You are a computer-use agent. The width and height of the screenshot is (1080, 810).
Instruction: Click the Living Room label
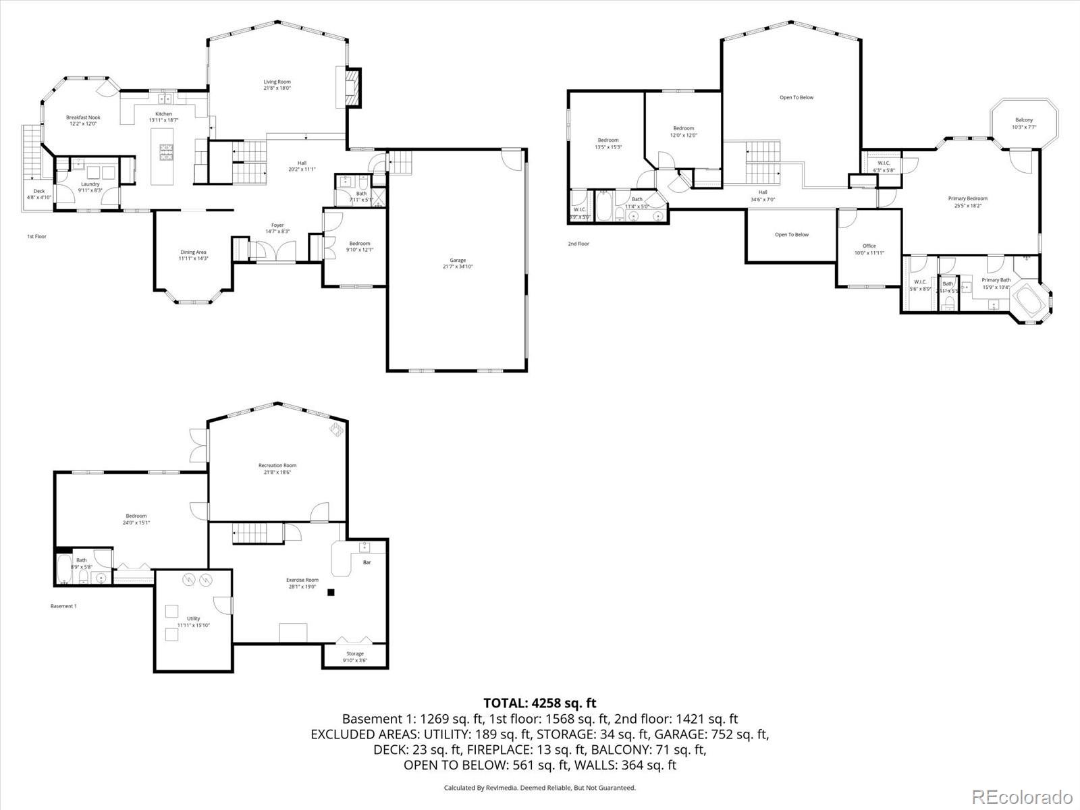[277, 82]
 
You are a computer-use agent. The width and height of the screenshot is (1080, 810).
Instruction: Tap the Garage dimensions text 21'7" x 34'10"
[457, 267]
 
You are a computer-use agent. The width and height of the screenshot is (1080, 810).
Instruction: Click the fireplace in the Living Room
[352, 87]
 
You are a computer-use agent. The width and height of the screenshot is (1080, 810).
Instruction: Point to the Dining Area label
[193, 252]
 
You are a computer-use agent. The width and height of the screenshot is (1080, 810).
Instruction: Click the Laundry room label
[90, 184]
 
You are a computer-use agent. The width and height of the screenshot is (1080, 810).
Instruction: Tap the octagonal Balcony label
[1023, 120]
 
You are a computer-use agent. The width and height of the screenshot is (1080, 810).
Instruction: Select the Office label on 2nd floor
[869, 246]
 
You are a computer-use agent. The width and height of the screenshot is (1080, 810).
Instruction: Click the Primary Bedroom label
[967, 198]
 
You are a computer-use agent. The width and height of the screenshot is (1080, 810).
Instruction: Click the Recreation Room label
[277, 465]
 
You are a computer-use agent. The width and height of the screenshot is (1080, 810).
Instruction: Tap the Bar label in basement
[367, 562]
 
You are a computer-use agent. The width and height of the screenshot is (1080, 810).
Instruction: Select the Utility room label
[193, 618]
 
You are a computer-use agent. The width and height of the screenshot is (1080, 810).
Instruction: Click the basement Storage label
[355, 653]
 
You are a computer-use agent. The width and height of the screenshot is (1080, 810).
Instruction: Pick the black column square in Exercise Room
[331, 593]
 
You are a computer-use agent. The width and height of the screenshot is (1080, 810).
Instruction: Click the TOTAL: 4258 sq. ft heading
[539, 703]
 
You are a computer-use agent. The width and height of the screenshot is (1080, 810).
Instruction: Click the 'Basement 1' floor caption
[63, 606]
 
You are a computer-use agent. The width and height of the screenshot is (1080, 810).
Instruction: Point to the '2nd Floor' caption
[578, 244]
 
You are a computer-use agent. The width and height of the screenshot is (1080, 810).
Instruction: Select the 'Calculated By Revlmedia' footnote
[539, 788]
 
